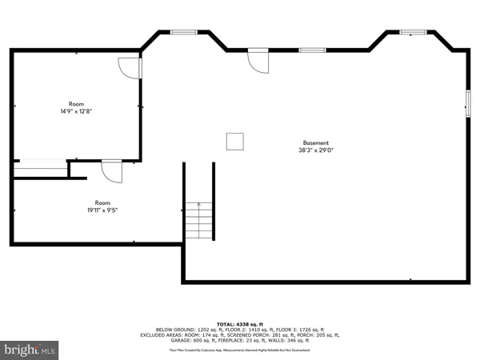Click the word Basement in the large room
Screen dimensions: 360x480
[x=315, y=143]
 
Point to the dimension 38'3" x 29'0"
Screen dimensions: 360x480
[x=315, y=150]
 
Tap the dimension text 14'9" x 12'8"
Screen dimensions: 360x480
[x=76, y=111]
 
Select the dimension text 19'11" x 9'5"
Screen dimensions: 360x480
[x=102, y=210]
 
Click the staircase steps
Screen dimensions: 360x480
[x=199, y=220]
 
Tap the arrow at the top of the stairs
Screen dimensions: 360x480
[x=199, y=206]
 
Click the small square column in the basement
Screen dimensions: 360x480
[x=235, y=141]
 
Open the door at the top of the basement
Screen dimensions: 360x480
[x=258, y=61]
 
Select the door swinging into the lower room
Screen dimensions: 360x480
[x=111, y=170]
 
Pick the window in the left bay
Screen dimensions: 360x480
[x=183, y=32]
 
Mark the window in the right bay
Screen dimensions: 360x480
[x=413, y=32]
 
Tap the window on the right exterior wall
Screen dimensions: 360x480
[x=469, y=103]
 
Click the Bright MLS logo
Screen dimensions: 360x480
[x=30, y=350]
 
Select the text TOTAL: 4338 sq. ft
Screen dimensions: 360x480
[x=239, y=322]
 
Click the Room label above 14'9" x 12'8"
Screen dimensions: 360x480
[x=76, y=104]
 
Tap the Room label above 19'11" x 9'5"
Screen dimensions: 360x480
[x=102, y=202]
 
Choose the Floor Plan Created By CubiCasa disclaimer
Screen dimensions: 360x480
[x=239, y=350]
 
